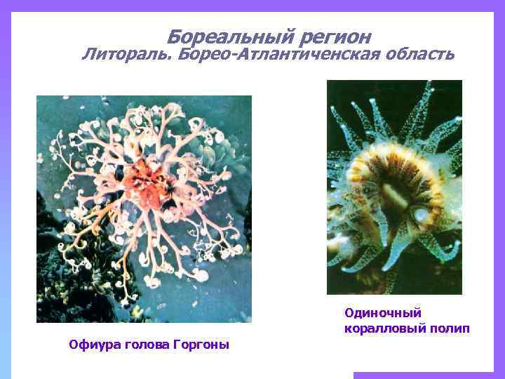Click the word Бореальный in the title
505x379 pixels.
[224, 36]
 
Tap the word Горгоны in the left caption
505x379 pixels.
[203, 345]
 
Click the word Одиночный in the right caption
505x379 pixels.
[382, 312]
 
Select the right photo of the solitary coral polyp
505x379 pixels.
[394, 187]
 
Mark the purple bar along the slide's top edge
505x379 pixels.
[252, 5]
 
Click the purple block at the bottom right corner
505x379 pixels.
[428, 375]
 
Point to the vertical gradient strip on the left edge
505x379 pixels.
[5, 211]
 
